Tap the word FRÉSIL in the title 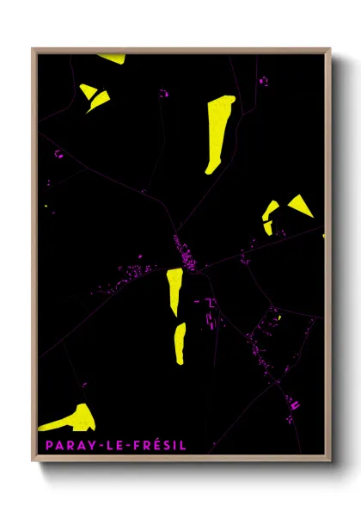point(160,446)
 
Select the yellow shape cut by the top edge point(111,59)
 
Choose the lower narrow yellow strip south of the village point(180,342)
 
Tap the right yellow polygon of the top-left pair point(98,101)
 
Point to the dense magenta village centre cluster point(185,255)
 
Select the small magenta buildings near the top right point(263,82)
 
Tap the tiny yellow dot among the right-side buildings point(278,317)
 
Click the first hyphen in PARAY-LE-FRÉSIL point(100,446)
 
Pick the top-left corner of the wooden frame point(34,49)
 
